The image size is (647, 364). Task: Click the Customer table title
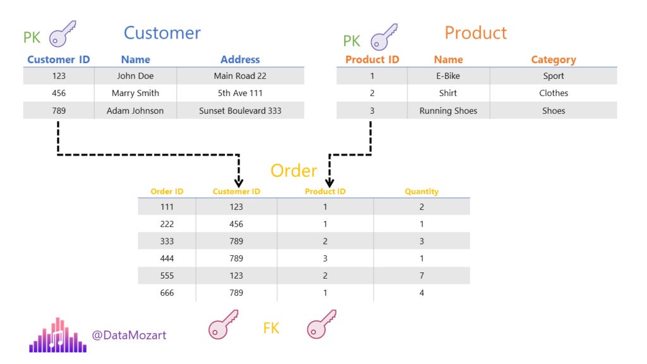[x=162, y=33]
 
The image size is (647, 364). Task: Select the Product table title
[x=476, y=33]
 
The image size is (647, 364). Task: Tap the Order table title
[x=294, y=171]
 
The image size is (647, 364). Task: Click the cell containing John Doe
[x=135, y=76]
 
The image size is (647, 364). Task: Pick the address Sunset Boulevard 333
[x=240, y=111]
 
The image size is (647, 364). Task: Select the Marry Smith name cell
[x=135, y=94]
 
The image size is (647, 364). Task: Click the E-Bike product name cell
[x=448, y=76]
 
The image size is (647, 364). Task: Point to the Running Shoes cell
[x=448, y=111]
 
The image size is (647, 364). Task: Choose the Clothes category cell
[x=553, y=94]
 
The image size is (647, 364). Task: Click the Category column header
[x=553, y=60]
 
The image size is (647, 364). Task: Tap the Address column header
[x=240, y=59]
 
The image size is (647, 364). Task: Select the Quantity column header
[x=421, y=191]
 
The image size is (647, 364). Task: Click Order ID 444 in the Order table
[x=167, y=258]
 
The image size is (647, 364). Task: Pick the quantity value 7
[x=421, y=276]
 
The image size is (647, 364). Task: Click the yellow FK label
[x=271, y=329]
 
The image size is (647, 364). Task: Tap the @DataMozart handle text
[x=129, y=335]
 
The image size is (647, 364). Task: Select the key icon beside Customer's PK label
[x=63, y=33]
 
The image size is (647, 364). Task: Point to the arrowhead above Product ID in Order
[x=329, y=183]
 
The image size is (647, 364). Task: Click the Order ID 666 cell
[x=167, y=293]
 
